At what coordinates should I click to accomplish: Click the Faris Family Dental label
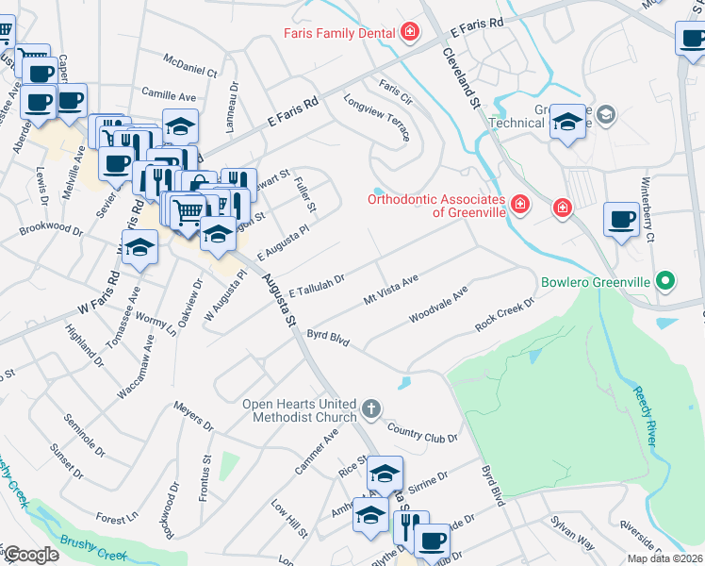(x=339, y=34)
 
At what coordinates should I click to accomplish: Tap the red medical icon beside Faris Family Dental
(x=410, y=34)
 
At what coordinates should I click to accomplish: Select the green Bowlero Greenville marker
(x=665, y=281)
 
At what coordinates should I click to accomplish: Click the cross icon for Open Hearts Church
(x=371, y=409)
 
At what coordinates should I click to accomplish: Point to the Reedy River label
(x=645, y=416)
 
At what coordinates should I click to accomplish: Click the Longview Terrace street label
(x=377, y=118)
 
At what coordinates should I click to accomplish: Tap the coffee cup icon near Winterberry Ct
(x=621, y=219)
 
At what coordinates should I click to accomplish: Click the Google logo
(x=31, y=555)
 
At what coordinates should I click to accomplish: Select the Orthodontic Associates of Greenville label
(x=436, y=205)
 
